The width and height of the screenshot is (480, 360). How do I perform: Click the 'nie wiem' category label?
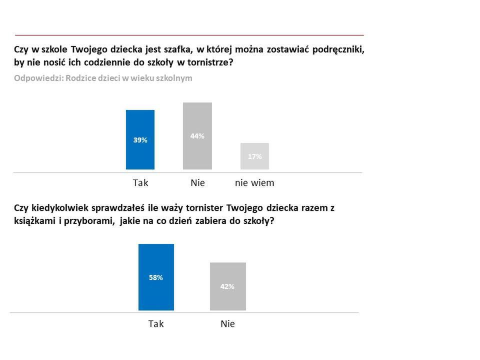click(x=254, y=183)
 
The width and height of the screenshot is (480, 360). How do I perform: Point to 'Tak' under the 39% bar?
click(x=140, y=183)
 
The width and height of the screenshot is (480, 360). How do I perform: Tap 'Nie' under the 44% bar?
click(x=197, y=183)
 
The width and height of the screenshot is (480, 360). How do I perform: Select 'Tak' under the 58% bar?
click(x=156, y=324)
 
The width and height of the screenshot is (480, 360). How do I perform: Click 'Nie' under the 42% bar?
click(x=227, y=324)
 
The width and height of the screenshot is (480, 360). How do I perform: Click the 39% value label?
click(x=140, y=140)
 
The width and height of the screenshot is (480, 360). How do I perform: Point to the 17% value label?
click(x=254, y=156)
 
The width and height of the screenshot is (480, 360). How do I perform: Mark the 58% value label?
click(x=156, y=277)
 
